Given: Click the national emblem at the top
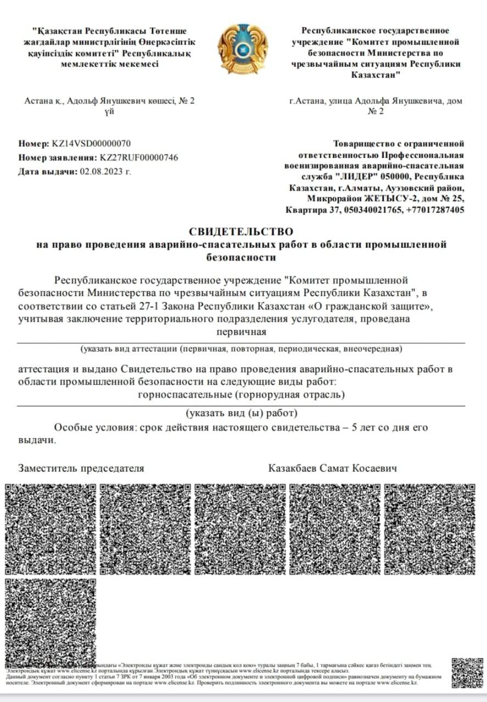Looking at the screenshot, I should [243, 49].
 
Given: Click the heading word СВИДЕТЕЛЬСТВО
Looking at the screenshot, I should [241, 232].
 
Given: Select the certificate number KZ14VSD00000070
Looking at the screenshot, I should [91, 144].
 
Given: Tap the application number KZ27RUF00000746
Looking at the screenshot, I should [139, 157].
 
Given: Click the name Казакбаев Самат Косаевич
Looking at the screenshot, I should [333, 468].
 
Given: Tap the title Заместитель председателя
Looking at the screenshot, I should [81, 468].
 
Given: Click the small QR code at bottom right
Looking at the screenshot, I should [467, 672].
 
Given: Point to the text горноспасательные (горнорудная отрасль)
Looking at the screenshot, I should [241, 394].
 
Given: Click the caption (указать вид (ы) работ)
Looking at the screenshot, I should [241, 413].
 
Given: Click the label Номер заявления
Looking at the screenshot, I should [58, 157].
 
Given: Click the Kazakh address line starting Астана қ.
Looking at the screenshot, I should [110, 101].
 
